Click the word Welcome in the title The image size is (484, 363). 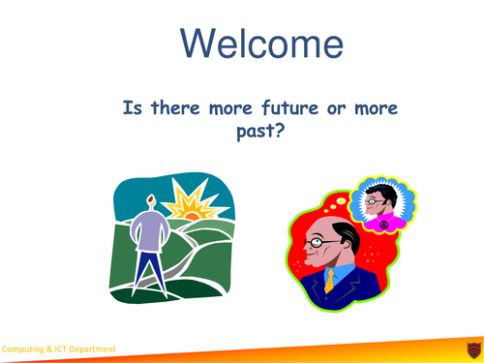tap(262, 44)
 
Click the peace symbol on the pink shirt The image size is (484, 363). tap(382, 226)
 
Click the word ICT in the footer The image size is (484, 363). tap(56, 349)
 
